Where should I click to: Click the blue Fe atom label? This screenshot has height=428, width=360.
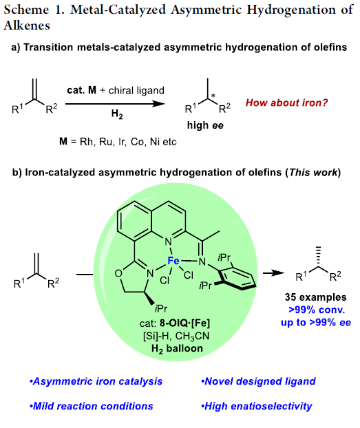tap(173, 261)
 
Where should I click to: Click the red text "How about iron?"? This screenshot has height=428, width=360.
tap(286, 103)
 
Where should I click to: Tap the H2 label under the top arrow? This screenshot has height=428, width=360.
tap(117, 114)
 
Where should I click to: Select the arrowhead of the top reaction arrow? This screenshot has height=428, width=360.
tap(158, 104)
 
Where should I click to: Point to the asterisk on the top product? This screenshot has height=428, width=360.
tap(213, 96)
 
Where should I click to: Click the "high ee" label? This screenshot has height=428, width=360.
tap(205, 125)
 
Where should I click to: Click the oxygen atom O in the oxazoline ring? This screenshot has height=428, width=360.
tap(118, 273)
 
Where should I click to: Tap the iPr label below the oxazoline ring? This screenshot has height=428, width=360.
tap(160, 308)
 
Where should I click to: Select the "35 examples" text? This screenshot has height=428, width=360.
tap(315, 297)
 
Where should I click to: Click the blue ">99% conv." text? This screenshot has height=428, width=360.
tap(317, 310)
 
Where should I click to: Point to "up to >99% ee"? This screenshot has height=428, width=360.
tap(316, 323)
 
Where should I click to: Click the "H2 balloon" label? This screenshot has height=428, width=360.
tap(177, 349)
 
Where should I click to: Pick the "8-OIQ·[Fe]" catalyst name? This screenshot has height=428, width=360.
tap(185, 323)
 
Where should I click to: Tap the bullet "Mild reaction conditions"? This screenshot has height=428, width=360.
tap(92, 406)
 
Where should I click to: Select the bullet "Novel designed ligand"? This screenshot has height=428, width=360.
tap(258, 381)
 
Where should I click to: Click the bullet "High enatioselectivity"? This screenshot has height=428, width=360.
tap(257, 407)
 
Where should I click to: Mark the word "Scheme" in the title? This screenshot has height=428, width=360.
tap(26, 10)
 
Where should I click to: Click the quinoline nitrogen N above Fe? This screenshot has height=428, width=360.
tap(169, 242)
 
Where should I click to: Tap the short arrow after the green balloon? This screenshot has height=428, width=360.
tap(273, 273)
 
